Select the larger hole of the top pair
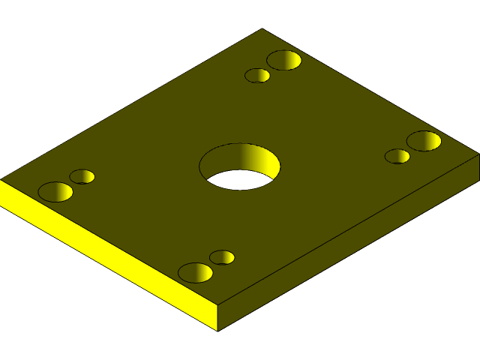pyautogui.click(x=284, y=60)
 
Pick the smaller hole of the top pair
pyautogui.click(x=257, y=76)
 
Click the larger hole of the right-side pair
pyautogui.click(x=424, y=140)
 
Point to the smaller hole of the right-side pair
pyautogui.click(x=397, y=156)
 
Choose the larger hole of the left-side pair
pyautogui.click(x=55, y=192)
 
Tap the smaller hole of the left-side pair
pyautogui.click(x=82, y=177)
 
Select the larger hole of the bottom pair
pyautogui.click(x=195, y=272)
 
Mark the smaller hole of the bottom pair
pyautogui.click(x=222, y=257)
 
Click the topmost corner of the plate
pyautogui.click(x=262, y=29)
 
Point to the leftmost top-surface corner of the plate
pyautogui.click(x=1, y=180)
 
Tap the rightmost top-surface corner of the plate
pyautogui.click(x=478, y=154)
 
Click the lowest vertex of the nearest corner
pyautogui.click(x=217, y=330)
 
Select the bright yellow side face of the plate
pyautogui.click(x=105, y=255)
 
